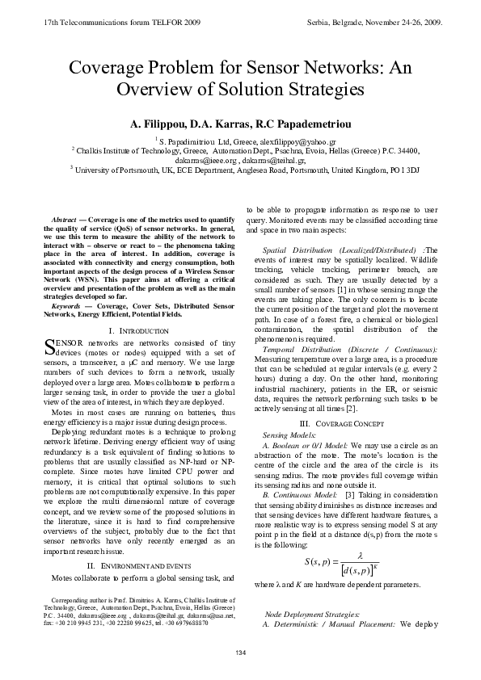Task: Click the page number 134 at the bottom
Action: [240, 652]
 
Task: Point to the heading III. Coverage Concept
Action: [342, 423]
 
